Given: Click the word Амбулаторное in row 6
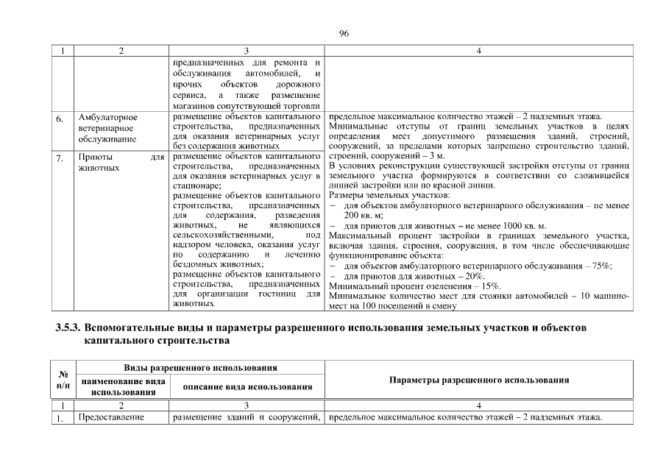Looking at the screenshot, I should [x=108, y=117].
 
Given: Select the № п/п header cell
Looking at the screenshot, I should [x=63, y=380].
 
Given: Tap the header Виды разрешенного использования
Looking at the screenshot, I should [x=199, y=367].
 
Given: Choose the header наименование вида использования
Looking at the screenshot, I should [x=123, y=386].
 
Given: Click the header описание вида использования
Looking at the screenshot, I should [x=247, y=386].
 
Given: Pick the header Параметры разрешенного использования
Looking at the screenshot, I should [x=478, y=380].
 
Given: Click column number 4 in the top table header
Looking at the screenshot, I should [x=478, y=51].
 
